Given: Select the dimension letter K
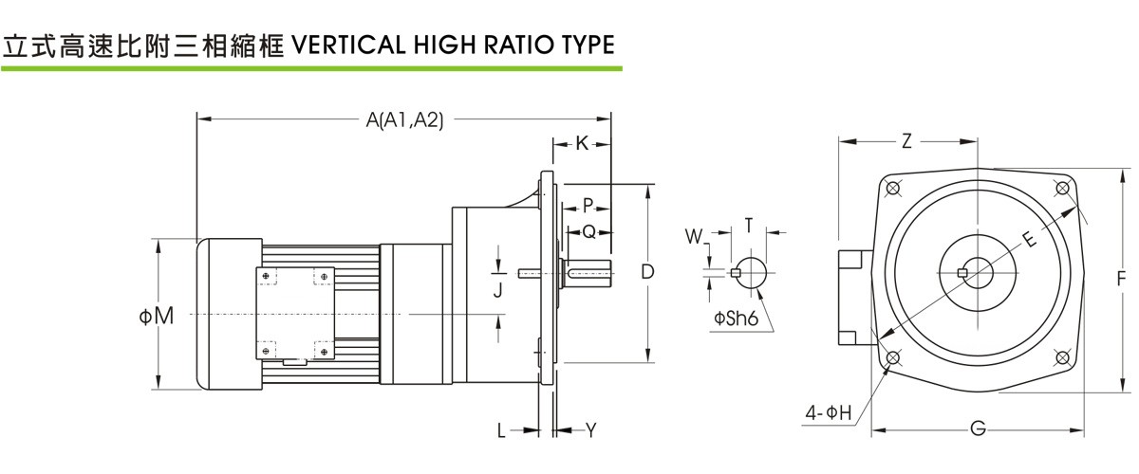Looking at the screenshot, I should (x=582, y=143).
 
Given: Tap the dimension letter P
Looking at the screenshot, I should (x=588, y=205).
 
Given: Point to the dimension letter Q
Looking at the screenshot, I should (x=588, y=230).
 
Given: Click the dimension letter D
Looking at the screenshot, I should (x=647, y=272).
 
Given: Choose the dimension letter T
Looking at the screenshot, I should (x=749, y=226).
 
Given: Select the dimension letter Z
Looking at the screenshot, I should (x=906, y=141).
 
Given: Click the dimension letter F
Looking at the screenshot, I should (x=1122, y=279).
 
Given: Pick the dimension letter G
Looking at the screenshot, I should (x=977, y=430).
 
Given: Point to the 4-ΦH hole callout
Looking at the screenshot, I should (x=829, y=413).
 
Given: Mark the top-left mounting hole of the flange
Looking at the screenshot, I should (x=892, y=189).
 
